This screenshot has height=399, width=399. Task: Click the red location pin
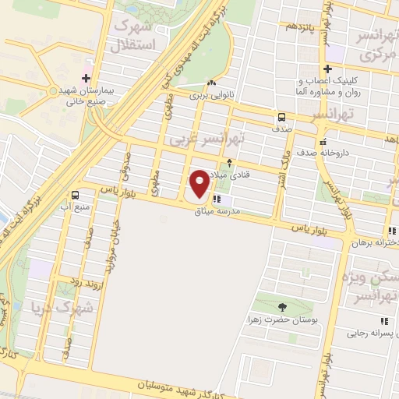(199, 184)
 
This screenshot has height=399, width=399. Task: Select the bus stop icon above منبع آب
(75, 195)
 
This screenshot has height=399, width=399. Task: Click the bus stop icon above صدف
(280, 118)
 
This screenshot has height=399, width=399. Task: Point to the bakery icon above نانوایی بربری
(212, 82)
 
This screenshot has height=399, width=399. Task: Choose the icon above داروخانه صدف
(323, 143)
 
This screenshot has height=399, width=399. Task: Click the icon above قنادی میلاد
(229, 163)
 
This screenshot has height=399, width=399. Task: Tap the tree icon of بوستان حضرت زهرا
(281, 306)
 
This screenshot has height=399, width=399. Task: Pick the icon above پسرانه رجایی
(383, 320)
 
